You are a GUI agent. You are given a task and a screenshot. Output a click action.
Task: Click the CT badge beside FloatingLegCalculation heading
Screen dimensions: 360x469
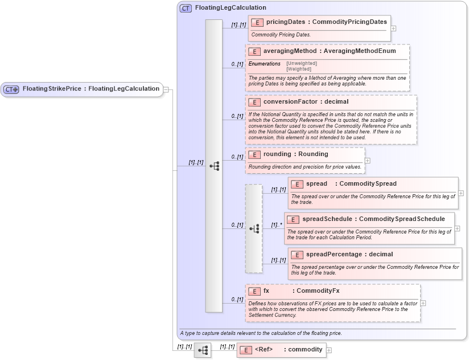pyautogui.click(x=186, y=9)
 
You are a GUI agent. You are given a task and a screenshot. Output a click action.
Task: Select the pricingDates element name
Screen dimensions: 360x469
pyautogui.click(x=285, y=22)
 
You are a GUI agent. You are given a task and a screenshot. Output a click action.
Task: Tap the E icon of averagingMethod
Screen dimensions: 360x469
pyautogui.click(x=254, y=51)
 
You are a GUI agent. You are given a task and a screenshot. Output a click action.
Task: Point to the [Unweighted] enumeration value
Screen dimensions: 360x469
pyautogui.click(x=302, y=63)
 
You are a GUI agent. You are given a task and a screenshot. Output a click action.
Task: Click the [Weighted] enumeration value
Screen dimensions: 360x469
pyautogui.click(x=299, y=68)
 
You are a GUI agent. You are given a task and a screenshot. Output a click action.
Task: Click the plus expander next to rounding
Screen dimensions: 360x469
pyautogui.click(x=368, y=161)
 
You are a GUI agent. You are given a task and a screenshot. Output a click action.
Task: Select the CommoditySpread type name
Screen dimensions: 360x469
pyautogui.click(x=368, y=184)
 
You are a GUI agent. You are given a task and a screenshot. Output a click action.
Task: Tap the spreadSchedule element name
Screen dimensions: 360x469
pyautogui.click(x=327, y=219)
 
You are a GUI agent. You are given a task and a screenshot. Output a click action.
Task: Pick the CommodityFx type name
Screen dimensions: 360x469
pyautogui.click(x=318, y=291)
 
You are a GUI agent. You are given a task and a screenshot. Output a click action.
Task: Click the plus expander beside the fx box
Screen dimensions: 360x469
pyautogui.click(x=423, y=303)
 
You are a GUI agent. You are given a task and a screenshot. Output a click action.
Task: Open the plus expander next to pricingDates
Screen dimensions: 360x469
pyautogui.click(x=393, y=28)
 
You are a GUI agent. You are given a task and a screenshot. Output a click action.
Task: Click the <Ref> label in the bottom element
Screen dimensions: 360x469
pyautogui.click(x=264, y=350)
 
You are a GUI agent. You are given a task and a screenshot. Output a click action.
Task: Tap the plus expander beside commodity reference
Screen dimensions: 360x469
pyautogui.click(x=329, y=350)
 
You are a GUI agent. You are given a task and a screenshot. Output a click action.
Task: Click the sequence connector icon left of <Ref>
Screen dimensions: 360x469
pyautogui.click(x=202, y=350)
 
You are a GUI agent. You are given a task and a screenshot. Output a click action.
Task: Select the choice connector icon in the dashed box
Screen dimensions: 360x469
pyautogui.click(x=254, y=228)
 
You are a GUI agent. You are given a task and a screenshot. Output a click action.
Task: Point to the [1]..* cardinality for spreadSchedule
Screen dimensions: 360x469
pyautogui.click(x=277, y=225)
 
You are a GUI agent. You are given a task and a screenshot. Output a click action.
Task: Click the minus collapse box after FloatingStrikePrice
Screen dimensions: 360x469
pyautogui.click(x=166, y=89)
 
